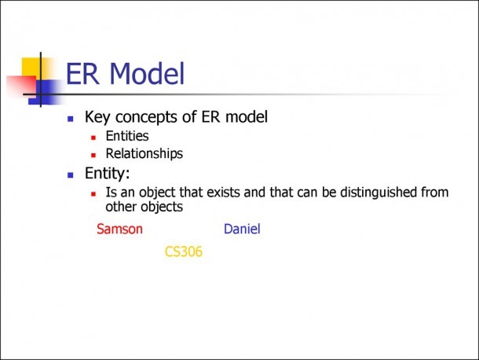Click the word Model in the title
pyautogui.click(x=147, y=73)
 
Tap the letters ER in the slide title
pyautogui.click(x=82, y=73)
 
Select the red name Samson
pyautogui.click(x=119, y=229)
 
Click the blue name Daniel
pyautogui.click(x=242, y=229)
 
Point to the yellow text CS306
pyautogui.click(x=184, y=252)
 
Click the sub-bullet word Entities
pyautogui.click(x=127, y=136)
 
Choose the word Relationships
pyautogui.click(x=144, y=154)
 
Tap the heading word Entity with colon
pyautogui.click(x=108, y=174)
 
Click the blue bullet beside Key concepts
pyautogui.click(x=71, y=119)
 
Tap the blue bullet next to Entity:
pyautogui.click(x=71, y=175)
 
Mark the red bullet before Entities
pyautogui.click(x=93, y=138)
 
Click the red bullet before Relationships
pyautogui.click(x=93, y=156)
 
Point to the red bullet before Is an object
pyautogui.click(x=93, y=194)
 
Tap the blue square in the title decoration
pyautogui.click(x=45, y=92)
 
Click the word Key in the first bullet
pyautogui.click(x=97, y=117)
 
